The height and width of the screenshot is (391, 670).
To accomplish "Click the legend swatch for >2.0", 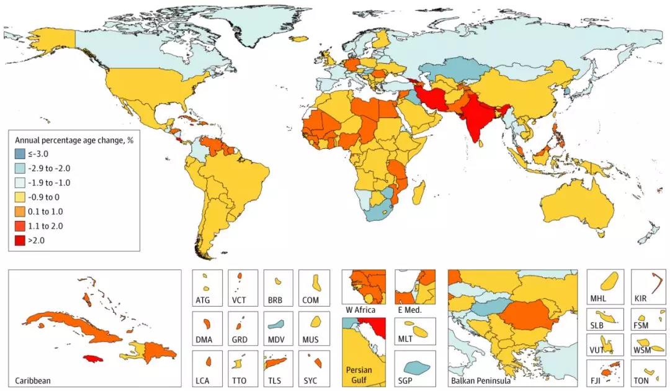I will (x=19, y=238).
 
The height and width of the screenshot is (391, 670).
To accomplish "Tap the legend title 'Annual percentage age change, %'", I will (x=74, y=140).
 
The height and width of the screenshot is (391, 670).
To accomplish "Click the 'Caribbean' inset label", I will (x=32, y=380).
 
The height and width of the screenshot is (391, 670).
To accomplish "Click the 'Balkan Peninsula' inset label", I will (x=481, y=380).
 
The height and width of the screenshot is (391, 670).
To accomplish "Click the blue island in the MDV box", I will (x=277, y=324).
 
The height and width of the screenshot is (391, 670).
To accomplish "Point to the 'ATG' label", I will (x=203, y=300).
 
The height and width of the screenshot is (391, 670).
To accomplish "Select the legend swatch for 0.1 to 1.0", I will (x=19, y=210).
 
